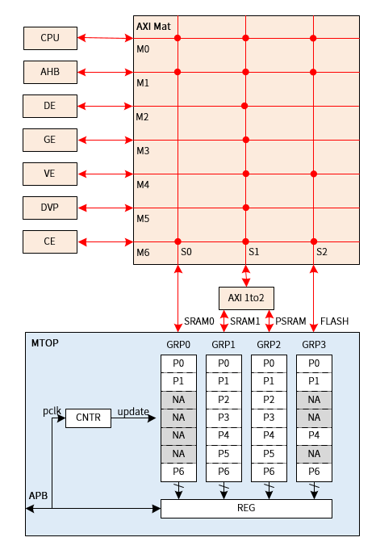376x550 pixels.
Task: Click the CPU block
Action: pyautogui.click(x=49, y=37)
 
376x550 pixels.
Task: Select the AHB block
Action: pyautogui.click(x=49, y=71)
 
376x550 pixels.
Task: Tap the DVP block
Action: pyautogui.click(x=49, y=208)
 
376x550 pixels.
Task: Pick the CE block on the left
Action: pyautogui.click(x=49, y=241)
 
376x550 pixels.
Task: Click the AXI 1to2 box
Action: pyautogui.click(x=246, y=299)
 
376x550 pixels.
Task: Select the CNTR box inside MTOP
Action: pyautogui.click(x=88, y=418)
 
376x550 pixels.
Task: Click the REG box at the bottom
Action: pyautogui.click(x=246, y=508)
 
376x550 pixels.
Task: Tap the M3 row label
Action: pyautogui.click(x=143, y=150)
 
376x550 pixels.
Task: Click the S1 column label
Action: pyautogui.click(x=253, y=253)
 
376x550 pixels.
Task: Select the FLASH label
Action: pyautogui.click(x=334, y=321)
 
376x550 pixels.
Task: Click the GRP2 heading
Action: pyautogui.click(x=269, y=345)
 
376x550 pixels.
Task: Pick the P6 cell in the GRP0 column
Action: pyautogui.click(x=178, y=472)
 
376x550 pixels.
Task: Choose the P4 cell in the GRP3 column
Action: pyautogui.click(x=314, y=435)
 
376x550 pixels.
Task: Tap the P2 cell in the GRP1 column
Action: pyautogui.click(x=224, y=399)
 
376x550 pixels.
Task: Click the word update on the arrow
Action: pyautogui.click(x=133, y=412)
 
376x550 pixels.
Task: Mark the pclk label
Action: pyautogui.click(x=52, y=412)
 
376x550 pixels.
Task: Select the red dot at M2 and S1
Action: pyautogui.click(x=245, y=106)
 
